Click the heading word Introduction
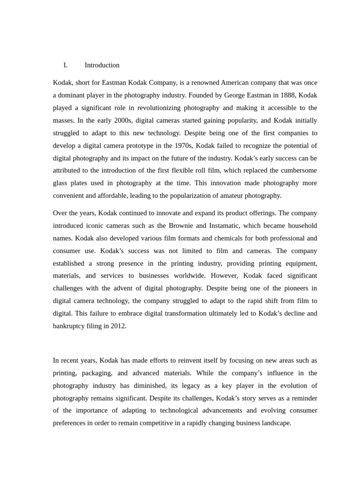click(x=102, y=65)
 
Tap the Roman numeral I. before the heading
click(x=66, y=65)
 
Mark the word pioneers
click(x=293, y=288)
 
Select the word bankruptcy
click(x=70, y=326)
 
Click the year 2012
click(x=118, y=326)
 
